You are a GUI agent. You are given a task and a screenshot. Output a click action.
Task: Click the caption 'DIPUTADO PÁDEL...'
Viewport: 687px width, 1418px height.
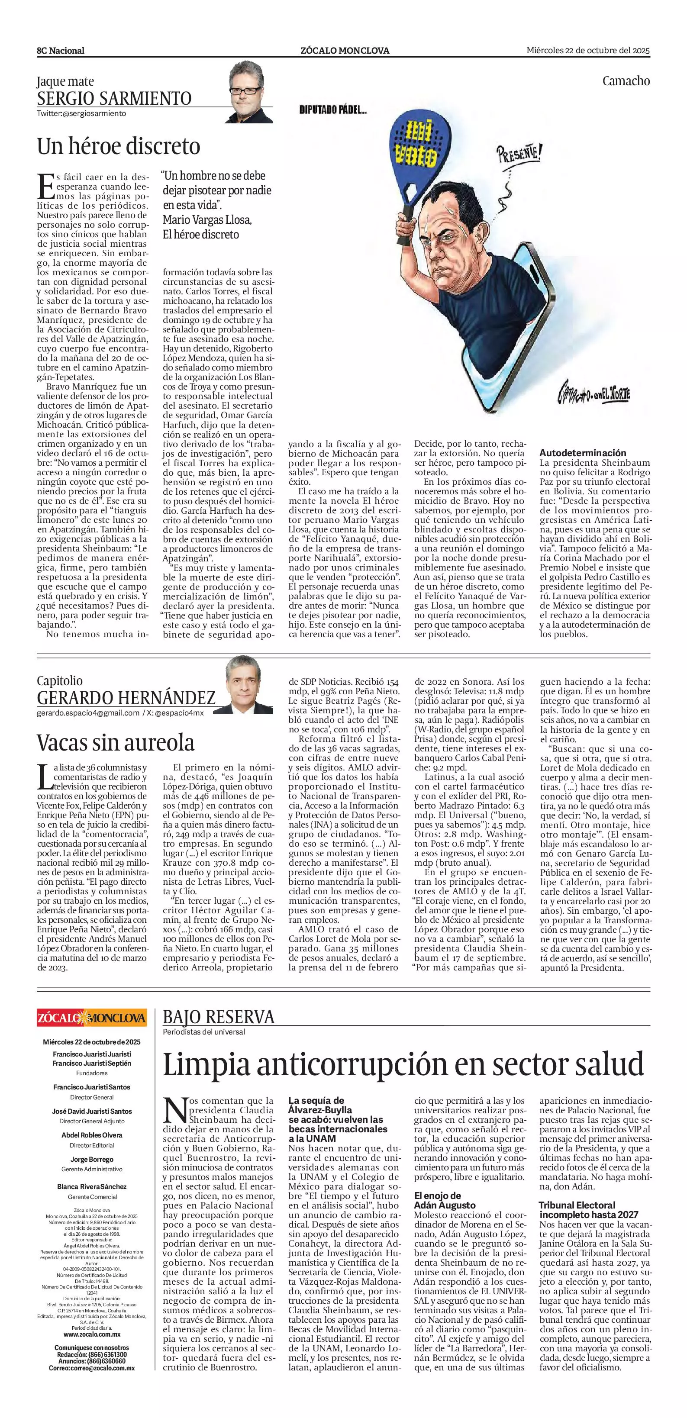tap(332, 110)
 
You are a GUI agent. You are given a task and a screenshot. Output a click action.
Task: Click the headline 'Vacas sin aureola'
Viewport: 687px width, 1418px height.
tap(116, 743)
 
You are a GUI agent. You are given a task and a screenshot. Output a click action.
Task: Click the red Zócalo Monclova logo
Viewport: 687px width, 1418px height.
tap(92, 1017)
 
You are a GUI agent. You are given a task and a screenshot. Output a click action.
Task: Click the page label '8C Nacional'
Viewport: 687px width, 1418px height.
tap(61, 51)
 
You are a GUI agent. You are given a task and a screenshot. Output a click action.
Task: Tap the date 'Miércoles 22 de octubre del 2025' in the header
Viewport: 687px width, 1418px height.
tap(588, 51)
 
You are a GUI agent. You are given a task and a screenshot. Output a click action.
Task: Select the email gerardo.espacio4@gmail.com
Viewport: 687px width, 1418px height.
tap(88, 713)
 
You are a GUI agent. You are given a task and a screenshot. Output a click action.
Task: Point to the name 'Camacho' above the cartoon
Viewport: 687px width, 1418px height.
tap(626, 81)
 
